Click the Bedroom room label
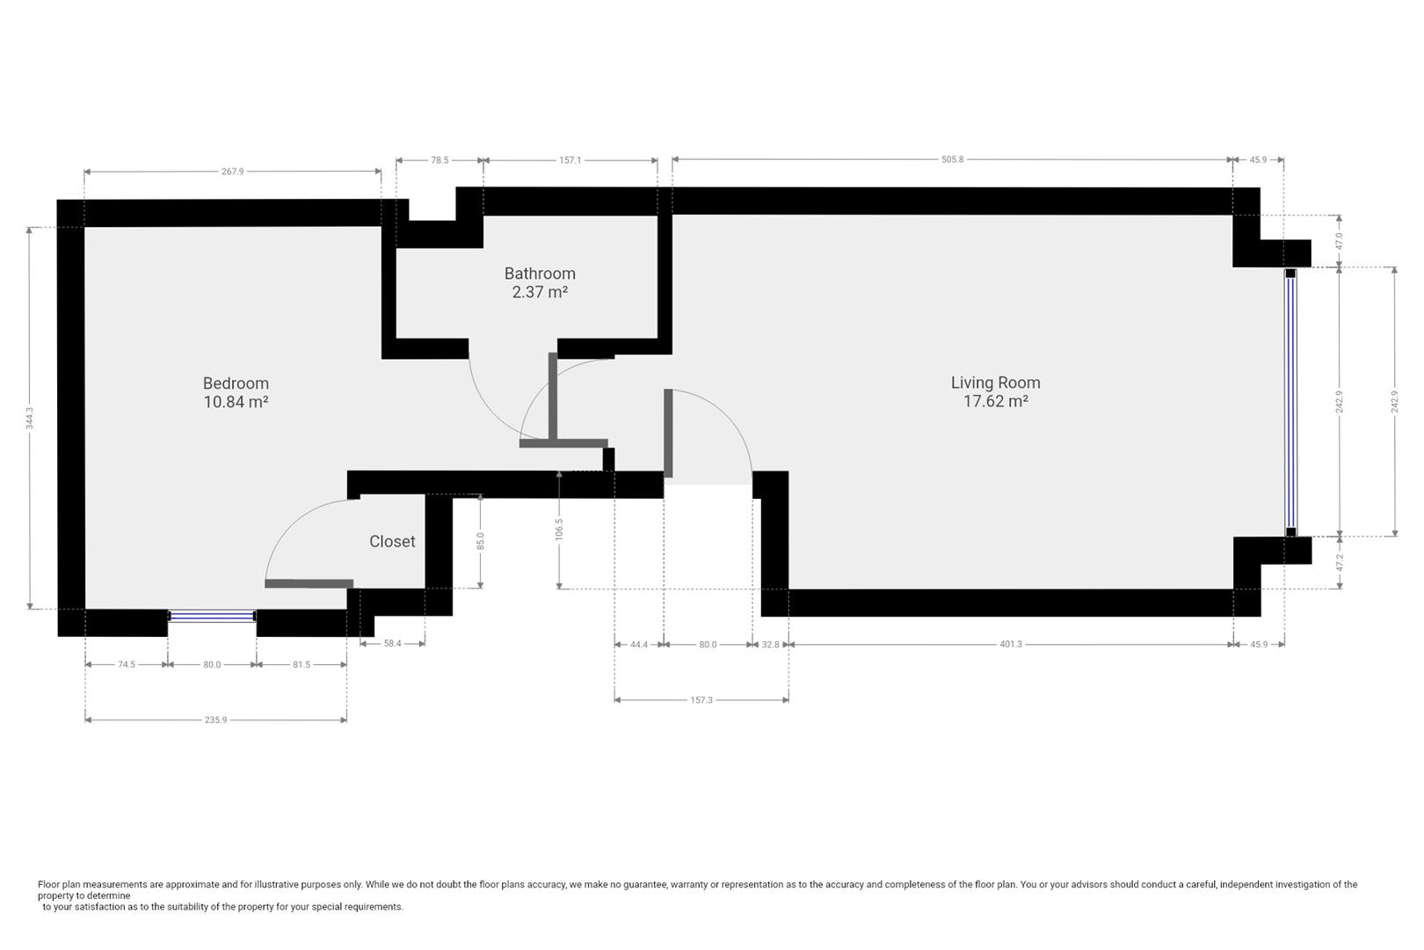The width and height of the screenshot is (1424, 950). click(x=236, y=383)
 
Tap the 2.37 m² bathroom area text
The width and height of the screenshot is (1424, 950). click(x=540, y=292)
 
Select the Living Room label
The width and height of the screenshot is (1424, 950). click(x=995, y=382)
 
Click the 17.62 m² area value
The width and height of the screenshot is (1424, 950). click(x=995, y=401)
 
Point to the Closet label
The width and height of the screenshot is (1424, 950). click(x=392, y=541)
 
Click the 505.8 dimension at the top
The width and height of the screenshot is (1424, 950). click(x=952, y=159)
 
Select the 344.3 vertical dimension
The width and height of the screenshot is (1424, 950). click(x=29, y=418)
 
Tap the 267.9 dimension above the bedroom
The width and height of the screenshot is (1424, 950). click(x=232, y=172)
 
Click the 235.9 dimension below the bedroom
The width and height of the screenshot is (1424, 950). click(x=215, y=720)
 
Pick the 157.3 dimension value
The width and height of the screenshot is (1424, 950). click(x=701, y=700)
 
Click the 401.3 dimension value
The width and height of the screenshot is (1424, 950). click(x=1011, y=645)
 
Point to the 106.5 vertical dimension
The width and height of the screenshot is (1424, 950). click(x=559, y=529)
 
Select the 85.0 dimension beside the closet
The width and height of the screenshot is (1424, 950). click(x=480, y=541)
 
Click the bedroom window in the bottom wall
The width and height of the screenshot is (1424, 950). click(x=212, y=616)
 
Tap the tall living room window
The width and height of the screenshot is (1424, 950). click(x=1290, y=402)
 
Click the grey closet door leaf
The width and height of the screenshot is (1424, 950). click(x=309, y=583)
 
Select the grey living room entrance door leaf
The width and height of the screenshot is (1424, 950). click(x=668, y=433)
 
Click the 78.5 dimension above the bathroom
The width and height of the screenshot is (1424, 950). click(x=440, y=160)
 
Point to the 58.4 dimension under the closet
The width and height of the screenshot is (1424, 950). click(x=392, y=644)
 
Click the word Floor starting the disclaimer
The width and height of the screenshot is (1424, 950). click(x=48, y=884)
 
